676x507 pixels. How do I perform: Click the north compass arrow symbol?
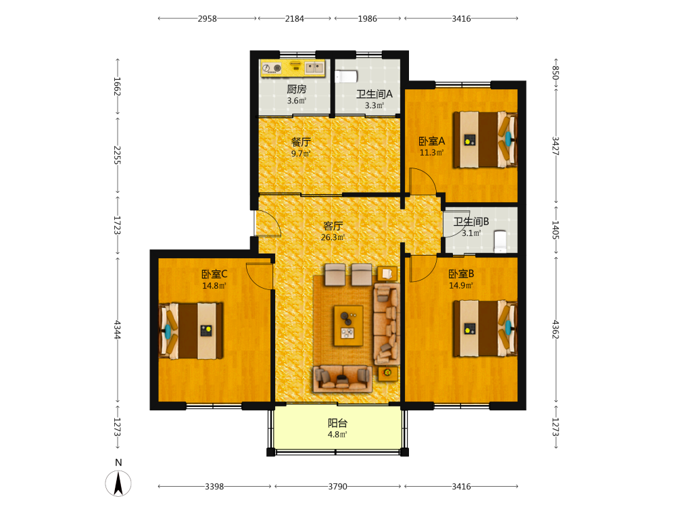pos(118,483)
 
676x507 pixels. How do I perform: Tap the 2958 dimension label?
pos(207,18)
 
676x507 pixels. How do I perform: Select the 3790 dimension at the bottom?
pos(337,486)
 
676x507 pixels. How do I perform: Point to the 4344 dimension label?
pos(117,329)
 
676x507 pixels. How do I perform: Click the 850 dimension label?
pos(556,72)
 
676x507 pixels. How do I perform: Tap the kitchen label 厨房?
pos(297,89)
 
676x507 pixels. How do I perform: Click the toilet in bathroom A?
pos(346,77)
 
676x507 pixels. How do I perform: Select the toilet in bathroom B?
pos(500,241)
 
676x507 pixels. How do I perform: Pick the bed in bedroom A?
pos(485,139)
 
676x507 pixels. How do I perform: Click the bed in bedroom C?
pos(191,331)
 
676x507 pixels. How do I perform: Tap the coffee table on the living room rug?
pos(348,326)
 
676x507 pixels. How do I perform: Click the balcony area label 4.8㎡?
pos(337,435)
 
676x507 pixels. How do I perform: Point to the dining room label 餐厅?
pos(301,142)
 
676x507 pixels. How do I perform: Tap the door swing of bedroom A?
pos(422,181)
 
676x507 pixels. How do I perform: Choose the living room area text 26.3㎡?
pos(333,237)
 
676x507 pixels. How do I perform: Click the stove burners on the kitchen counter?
pos(272,68)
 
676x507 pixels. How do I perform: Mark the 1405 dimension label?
pos(556,231)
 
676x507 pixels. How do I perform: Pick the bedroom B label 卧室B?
pos(461,274)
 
